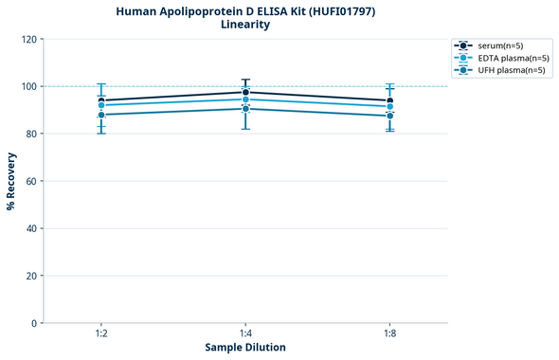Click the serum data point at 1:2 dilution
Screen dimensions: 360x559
coord(101,100)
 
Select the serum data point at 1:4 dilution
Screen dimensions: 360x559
coord(245,92)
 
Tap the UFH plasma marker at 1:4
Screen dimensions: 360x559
coord(245,109)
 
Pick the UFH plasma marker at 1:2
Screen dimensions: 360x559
coord(101,115)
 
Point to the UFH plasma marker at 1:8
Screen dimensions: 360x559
coord(389,116)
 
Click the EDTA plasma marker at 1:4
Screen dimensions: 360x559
coord(245,99)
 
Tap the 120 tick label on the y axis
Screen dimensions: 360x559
coord(28,40)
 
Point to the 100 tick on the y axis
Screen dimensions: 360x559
coord(28,87)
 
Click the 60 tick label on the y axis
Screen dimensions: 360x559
coord(31,182)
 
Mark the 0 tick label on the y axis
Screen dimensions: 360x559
coord(34,324)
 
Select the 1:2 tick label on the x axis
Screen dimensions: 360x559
coord(101,334)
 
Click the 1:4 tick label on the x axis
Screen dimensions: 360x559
coord(245,334)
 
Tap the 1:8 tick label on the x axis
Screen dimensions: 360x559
coord(389,334)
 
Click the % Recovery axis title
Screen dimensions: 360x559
coord(11,181)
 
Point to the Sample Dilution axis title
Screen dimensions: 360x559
coord(245,348)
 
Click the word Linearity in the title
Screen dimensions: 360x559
coord(244,25)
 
